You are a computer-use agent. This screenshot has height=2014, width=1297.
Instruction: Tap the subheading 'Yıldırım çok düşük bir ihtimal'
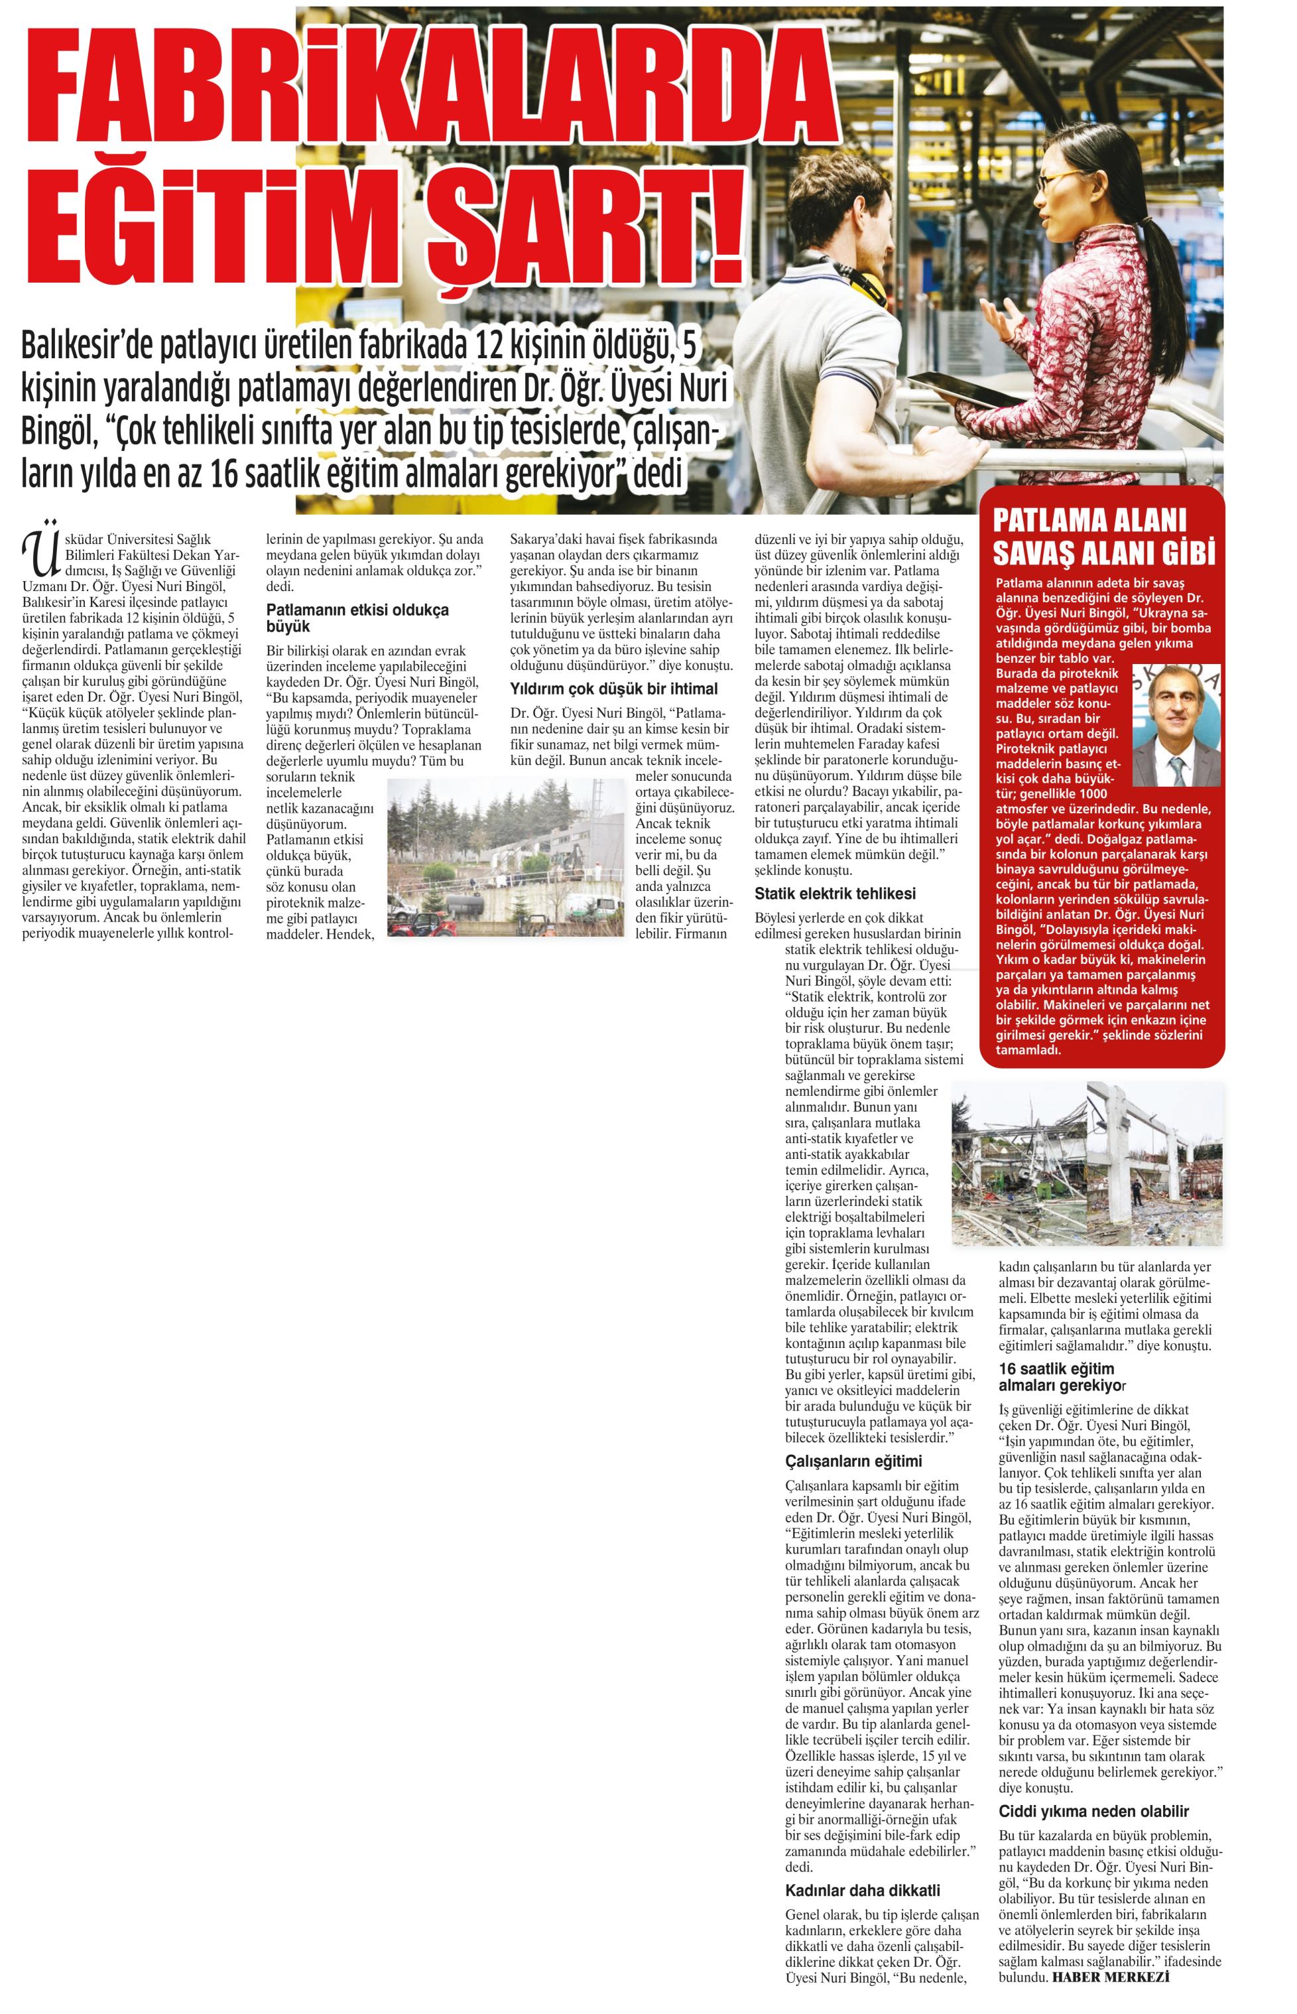[614, 689]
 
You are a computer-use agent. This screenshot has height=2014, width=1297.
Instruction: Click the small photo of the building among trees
[505, 856]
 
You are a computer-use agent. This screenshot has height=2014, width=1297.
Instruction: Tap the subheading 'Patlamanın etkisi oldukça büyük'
[357, 618]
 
